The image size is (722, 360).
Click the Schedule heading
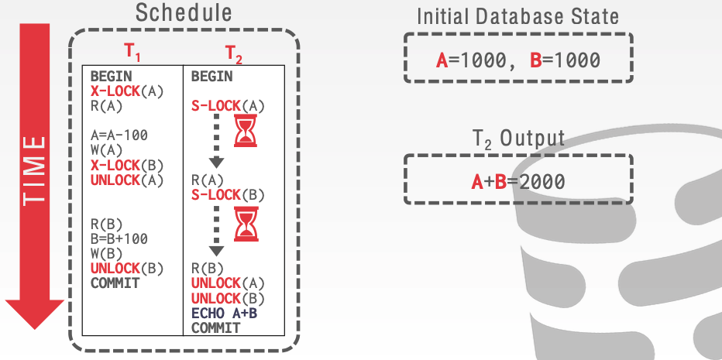click(183, 13)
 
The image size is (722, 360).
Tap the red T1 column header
click(134, 53)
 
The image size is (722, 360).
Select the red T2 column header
click(233, 53)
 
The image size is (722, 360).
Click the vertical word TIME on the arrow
click(34, 171)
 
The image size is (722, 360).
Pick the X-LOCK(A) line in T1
click(127, 91)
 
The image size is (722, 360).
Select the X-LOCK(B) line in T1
click(127, 165)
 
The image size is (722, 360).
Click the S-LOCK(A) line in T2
click(228, 105)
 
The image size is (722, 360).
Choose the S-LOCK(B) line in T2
click(228, 194)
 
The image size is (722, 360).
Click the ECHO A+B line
click(225, 314)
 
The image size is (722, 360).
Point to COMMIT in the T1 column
click(115, 283)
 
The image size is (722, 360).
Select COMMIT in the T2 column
click(215, 328)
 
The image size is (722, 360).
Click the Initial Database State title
click(518, 15)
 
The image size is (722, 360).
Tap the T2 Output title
click(518, 139)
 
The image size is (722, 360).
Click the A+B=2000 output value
click(518, 182)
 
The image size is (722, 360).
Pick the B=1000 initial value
click(566, 61)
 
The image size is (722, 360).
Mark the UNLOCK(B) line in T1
click(127, 269)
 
